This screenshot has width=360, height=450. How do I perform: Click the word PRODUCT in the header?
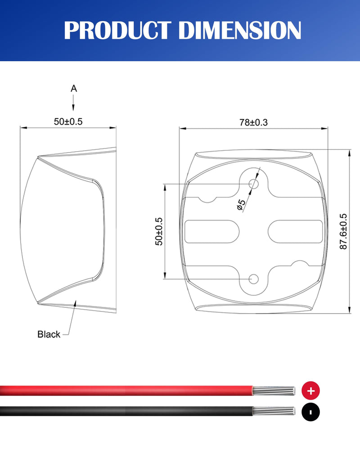click(x=117, y=30)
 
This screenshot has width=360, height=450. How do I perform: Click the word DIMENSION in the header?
click(x=240, y=30)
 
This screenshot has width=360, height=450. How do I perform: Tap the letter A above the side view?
click(x=74, y=89)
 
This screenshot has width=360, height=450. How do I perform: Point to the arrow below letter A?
click(x=73, y=103)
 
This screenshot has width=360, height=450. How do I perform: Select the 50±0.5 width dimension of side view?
click(x=68, y=121)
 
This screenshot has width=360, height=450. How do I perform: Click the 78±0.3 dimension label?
click(x=253, y=122)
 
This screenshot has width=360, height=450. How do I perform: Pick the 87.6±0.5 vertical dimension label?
click(x=343, y=231)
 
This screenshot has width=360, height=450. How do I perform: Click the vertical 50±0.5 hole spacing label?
click(x=159, y=231)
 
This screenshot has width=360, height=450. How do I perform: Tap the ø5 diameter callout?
click(x=242, y=205)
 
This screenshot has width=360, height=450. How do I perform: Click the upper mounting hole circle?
click(x=253, y=184)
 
